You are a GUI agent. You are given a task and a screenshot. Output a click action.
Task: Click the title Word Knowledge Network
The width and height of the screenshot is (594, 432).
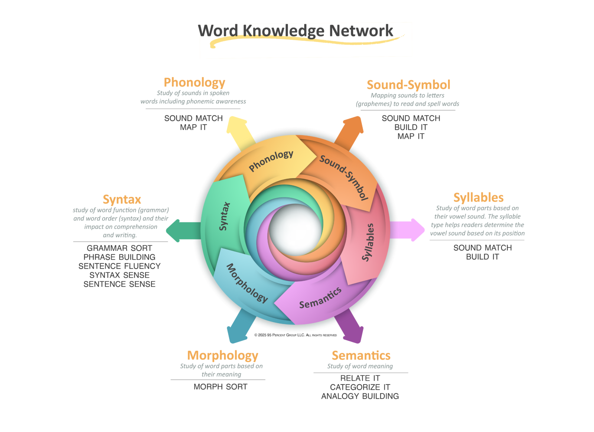point(295,31)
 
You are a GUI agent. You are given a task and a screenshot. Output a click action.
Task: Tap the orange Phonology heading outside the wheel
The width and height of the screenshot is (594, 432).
point(195,82)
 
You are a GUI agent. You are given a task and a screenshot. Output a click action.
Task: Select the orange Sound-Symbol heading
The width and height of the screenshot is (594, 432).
point(408,85)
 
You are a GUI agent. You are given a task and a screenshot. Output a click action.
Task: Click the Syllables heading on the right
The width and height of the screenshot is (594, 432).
point(478,197)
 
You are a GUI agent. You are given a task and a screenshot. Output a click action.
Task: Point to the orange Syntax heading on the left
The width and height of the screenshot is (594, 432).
point(122,200)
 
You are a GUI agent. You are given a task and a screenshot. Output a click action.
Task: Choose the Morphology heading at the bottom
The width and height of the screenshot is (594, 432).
point(222,356)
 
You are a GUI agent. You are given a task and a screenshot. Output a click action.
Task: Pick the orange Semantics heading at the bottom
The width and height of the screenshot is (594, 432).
point(361,356)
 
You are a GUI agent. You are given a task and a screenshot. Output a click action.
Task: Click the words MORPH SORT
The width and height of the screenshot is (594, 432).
point(221,387)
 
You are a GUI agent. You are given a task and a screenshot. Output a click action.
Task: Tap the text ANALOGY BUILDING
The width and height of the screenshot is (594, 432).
point(360,396)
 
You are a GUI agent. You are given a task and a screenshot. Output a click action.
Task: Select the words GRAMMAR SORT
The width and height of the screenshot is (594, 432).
point(119,248)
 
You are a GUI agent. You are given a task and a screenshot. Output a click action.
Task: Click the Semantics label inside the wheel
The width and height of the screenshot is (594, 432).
point(320,298)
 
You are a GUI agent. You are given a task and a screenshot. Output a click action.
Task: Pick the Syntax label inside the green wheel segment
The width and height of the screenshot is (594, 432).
point(224,216)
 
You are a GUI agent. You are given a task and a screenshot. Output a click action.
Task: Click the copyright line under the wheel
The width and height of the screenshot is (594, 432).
point(296,335)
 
